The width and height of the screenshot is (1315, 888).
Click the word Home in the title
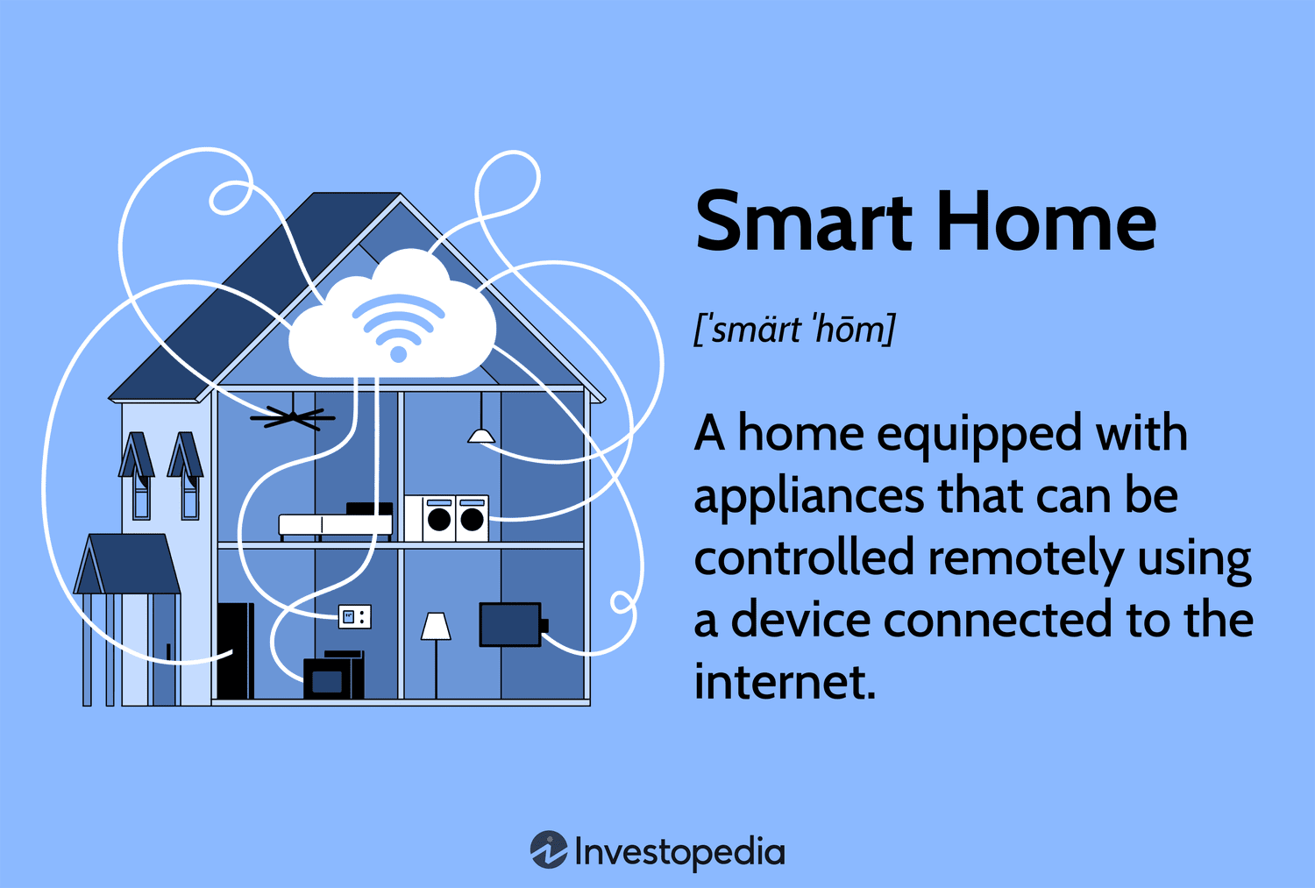click(x=1047, y=222)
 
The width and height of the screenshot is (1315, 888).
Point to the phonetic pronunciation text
click(x=794, y=330)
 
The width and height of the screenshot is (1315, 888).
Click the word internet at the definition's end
click(x=785, y=682)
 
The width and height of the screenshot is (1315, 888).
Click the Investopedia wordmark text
click(x=679, y=852)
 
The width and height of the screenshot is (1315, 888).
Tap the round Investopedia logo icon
click(x=549, y=850)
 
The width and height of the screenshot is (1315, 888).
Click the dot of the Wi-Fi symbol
click(x=398, y=354)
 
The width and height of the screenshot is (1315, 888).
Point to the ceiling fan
click(x=292, y=418)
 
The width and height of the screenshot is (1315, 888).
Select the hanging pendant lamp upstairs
click(x=480, y=435)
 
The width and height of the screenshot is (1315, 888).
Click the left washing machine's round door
click(x=439, y=520)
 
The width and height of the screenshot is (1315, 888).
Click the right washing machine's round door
click(x=473, y=520)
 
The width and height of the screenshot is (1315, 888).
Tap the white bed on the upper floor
click(x=335, y=524)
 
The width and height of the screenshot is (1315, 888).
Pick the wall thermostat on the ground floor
click(x=355, y=617)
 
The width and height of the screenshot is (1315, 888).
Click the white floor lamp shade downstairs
click(x=436, y=626)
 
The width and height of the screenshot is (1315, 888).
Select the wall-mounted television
click(x=510, y=624)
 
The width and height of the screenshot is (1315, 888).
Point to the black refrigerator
click(x=235, y=650)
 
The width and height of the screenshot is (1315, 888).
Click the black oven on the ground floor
click(x=328, y=679)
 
